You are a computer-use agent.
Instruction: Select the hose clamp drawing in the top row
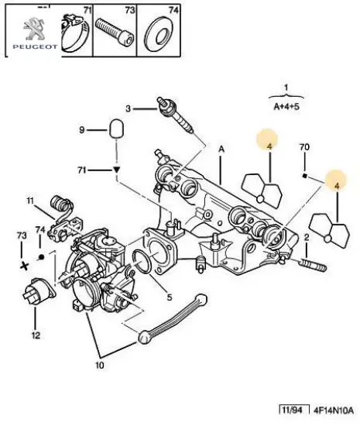75,34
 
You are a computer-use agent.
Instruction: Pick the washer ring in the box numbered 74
161,36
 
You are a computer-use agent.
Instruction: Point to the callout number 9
81,129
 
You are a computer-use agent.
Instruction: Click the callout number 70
305,146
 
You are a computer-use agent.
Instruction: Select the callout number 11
29,201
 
